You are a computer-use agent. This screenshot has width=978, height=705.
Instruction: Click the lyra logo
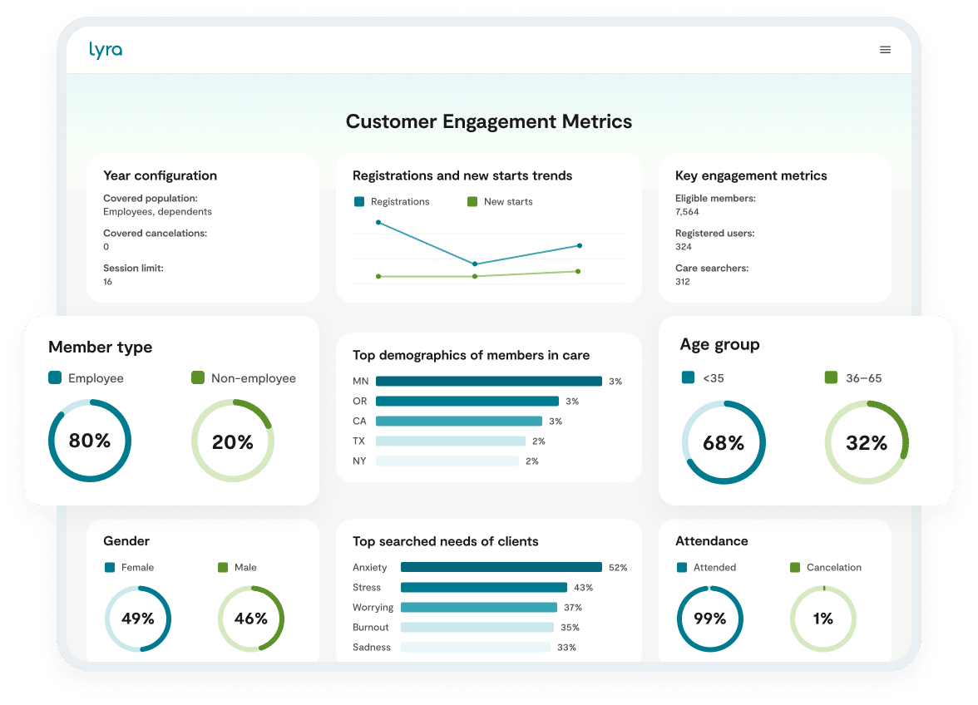(x=106, y=50)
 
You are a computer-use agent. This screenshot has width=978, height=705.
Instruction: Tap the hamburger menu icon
(x=885, y=50)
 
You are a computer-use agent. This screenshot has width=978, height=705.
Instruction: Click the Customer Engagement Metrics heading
(x=488, y=121)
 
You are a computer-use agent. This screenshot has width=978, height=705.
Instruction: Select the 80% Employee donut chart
(x=90, y=441)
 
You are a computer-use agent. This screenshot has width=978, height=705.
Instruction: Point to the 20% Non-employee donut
(x=233, y=441)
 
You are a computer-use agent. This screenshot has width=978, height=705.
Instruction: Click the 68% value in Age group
(x=723, y=443)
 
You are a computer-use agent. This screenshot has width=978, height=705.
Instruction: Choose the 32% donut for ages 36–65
(x=867, y=443)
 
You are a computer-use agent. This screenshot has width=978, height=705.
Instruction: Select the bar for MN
(x=488, y=382)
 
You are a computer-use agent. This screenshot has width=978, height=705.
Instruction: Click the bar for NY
(x=447, y=461)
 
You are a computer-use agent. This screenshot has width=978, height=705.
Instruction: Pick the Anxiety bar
(x=501, y=568)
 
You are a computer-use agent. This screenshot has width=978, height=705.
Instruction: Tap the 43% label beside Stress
(x=583, y=588)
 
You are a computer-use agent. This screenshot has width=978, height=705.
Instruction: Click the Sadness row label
(x=371, y=648)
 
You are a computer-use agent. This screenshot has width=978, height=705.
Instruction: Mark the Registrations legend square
(x=359, y=201)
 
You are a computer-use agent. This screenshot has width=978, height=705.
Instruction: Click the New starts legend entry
(x=507, y=201)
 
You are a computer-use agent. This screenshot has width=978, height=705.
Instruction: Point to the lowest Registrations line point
(x=475, y=264)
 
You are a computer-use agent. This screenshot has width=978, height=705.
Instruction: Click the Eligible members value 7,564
(x=687, y=212)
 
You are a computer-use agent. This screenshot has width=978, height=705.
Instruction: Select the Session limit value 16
(x=108, y=282)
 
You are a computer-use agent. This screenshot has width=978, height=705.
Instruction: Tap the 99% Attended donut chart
(x=709, y=619)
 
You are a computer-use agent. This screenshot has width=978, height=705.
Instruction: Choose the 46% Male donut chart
(x=250, y=619)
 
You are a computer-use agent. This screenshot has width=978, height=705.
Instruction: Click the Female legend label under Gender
(x=137, y=567)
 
